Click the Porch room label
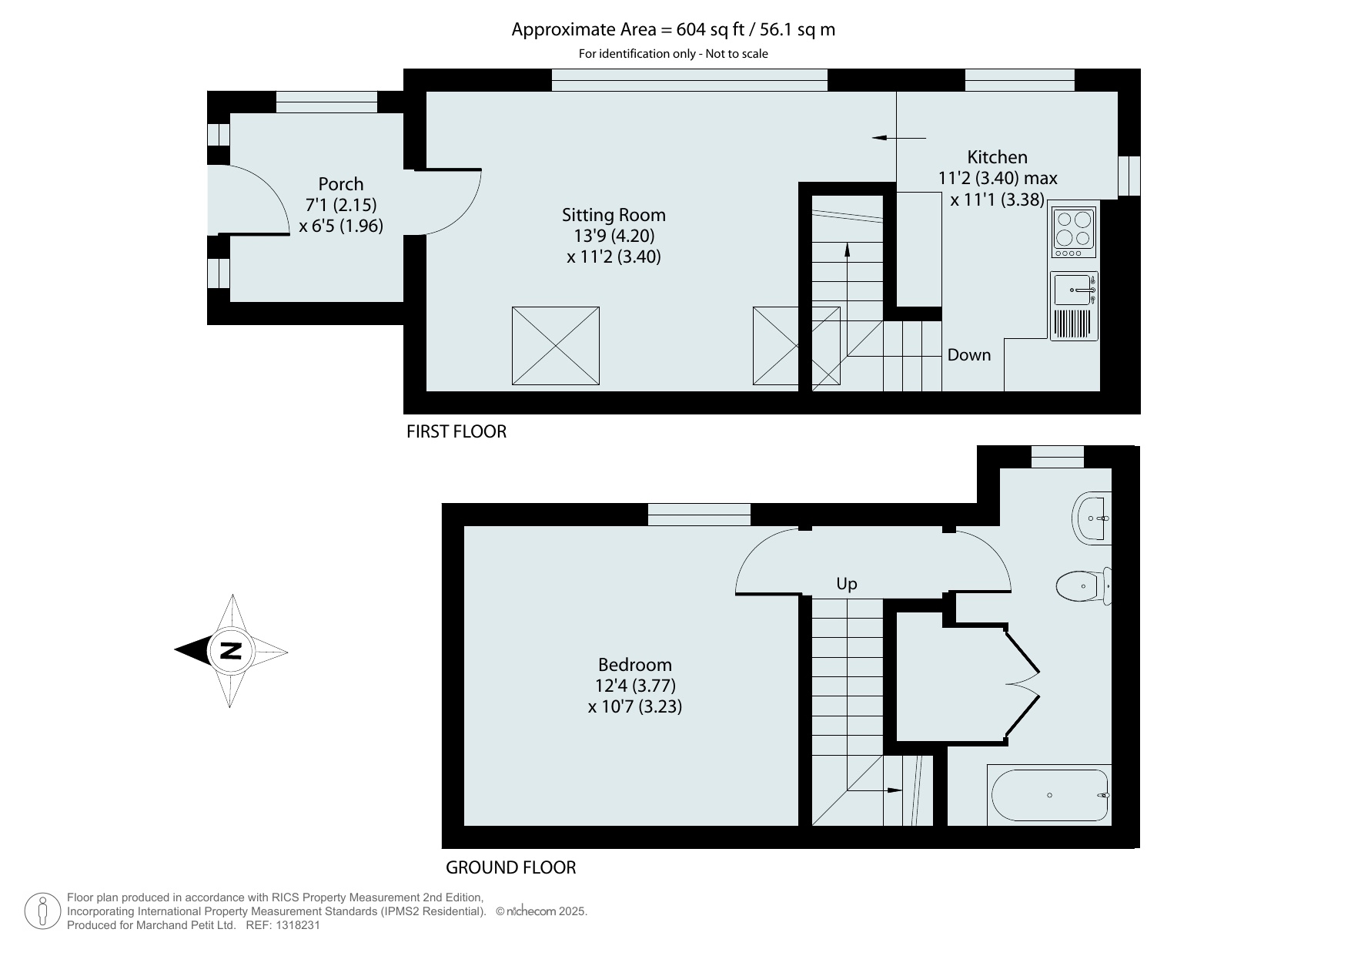click(340, 184)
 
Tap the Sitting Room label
click(614, 215)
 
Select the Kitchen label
click(997, 157)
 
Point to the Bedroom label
click(635, 665)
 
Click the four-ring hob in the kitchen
click(1074, 233)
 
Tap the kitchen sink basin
click(1072, 290)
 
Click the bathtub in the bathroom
click(1050, 795)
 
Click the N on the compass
click(230, 651)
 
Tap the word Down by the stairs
click(969, 355)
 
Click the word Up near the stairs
click(847, 584)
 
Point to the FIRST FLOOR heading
click(456, 431)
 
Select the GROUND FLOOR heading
click(511, 867)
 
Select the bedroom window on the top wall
click(699, 515)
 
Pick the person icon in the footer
click(43, 911)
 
